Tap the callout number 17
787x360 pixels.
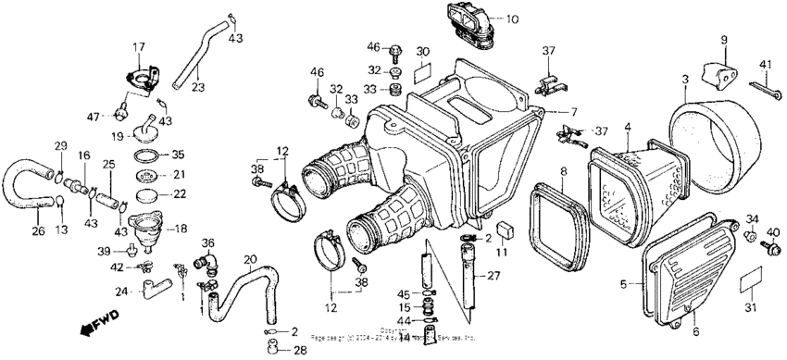coord(138,46)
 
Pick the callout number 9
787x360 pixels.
coord(725,40)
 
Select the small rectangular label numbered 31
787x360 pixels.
coord(753,279)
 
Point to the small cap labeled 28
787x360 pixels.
coord(275,349)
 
